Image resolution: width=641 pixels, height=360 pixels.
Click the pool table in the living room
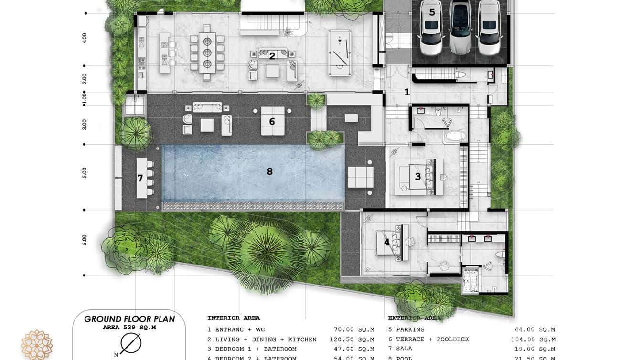(340, 53)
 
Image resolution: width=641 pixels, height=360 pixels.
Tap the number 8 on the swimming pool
(270, 171)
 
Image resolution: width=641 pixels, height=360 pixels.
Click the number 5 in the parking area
(432, 12)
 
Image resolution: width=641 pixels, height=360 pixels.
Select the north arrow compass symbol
(130, 343)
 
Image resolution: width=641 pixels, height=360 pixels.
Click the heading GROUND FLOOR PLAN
(129, 319)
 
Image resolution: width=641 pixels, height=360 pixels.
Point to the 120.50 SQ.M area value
(352, 339)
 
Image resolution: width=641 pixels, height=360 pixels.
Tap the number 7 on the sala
(140, 178)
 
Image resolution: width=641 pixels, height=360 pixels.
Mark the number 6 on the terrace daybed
(272, 121)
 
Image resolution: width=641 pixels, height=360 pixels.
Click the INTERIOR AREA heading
(234, 318)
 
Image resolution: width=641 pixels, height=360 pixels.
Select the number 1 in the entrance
(407, 92)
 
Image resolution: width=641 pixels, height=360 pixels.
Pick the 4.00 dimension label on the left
(85, 38)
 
